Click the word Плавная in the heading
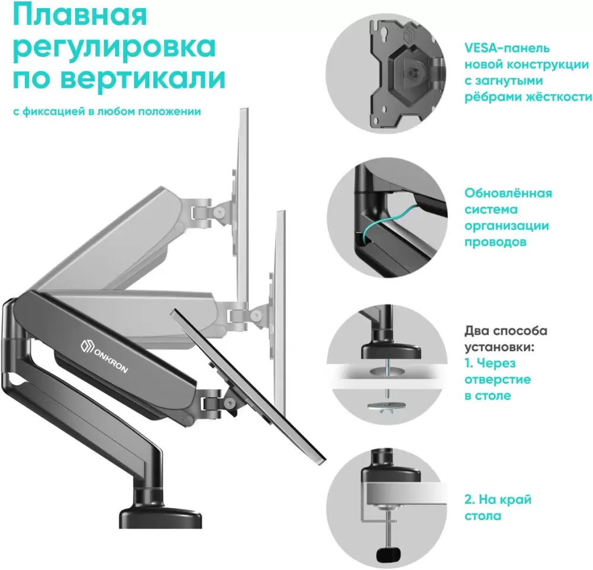point(80,15)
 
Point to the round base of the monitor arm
point(160,516)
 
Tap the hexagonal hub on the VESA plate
point(410,70)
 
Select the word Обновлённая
point(508,193)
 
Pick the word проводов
point(495,242)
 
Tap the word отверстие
point(498,379)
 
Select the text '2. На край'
point(498,499)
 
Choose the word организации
point(507,226)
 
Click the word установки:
point(499,347)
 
